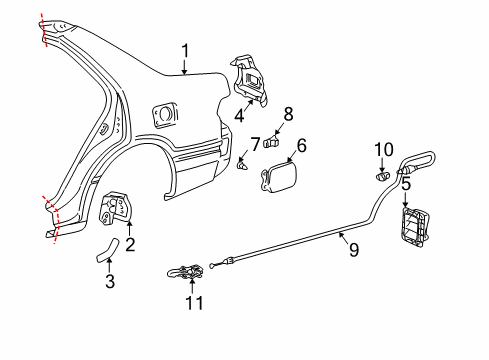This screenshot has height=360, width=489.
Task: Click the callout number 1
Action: point(185,51)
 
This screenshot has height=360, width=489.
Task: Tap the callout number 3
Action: point(110,281)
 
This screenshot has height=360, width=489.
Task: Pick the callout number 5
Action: point(405,184)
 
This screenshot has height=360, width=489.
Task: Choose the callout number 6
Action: point(301,146)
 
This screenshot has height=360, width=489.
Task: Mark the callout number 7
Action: point(255,144)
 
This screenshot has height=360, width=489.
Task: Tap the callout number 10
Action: point(385,150)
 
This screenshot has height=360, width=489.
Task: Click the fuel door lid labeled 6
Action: point(277,177)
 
